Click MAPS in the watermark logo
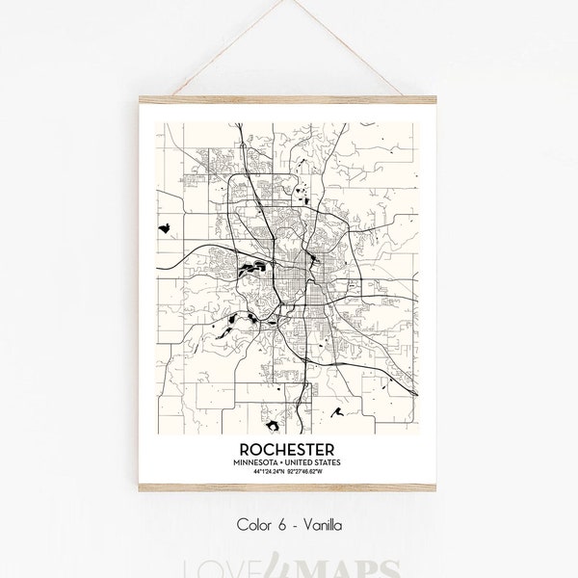(336, 564)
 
